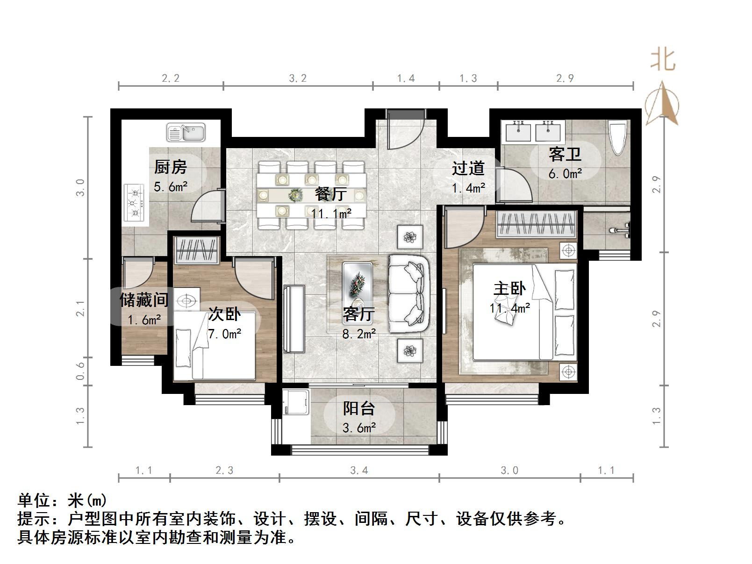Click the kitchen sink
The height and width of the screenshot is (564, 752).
point(186,132)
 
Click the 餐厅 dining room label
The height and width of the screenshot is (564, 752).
point(330,194)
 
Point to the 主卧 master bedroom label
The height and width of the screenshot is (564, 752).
point(509,289)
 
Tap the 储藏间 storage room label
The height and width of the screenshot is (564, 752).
point(144,300)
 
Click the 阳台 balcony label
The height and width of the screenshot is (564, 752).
point(359,408)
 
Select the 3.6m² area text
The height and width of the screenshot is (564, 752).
point(359,428)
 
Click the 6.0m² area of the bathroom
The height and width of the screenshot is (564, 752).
point(565,174)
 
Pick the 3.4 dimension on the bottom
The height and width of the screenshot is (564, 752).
point(359,470)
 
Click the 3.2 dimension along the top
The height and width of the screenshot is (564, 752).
point(298,79)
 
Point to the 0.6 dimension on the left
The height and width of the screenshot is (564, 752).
point(80,371)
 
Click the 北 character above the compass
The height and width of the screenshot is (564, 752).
point(663,60)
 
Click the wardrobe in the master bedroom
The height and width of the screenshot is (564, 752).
point(535,224)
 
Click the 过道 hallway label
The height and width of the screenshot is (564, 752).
point(468,168)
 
